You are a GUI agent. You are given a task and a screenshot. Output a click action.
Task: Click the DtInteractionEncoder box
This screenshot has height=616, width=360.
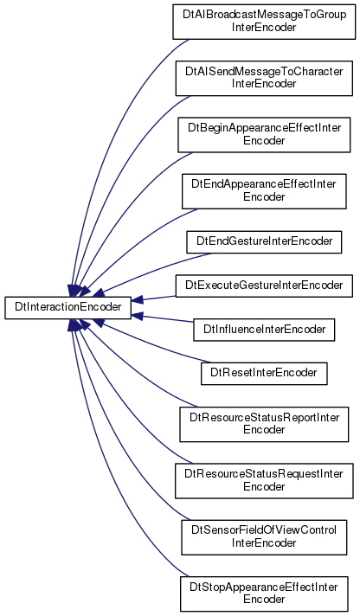pyautogui.click(x=67, y=308)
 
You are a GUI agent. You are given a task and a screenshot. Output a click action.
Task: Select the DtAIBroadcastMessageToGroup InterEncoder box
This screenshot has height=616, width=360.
pyautogui.click(x=264, y=22)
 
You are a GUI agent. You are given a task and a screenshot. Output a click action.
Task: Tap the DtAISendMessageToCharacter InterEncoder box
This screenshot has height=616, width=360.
pyautogui.click(x=264, y=78)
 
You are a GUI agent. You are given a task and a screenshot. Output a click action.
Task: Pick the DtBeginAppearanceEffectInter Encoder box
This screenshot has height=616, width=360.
pyautogui.click(x=264, y=134)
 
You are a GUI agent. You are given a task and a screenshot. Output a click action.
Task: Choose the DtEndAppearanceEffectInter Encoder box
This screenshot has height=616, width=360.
pyautogui.click(x=264, y=191)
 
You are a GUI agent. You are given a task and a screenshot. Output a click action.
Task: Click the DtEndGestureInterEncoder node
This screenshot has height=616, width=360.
pyautogui.click(x=264, y=242)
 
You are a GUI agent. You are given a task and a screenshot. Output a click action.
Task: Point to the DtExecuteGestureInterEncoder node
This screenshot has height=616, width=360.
pyautogui.click(x=264, y=286)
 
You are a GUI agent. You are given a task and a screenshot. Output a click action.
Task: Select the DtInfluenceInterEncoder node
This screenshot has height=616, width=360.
pyautogui.click(x=264, y=330)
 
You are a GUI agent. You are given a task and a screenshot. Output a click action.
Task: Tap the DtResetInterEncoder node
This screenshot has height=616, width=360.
pyautogui.click(x=264, y=374)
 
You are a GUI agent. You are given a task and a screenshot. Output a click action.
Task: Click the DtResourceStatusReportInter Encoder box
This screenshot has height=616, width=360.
pyautogui.click(x=264, y=424)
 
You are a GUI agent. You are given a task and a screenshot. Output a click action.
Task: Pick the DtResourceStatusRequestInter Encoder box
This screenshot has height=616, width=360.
pyautogui.click(x=264, y=481)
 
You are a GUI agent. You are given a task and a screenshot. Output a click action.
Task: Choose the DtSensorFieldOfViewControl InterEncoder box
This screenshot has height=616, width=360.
pyautogui.click(x=264, y=537)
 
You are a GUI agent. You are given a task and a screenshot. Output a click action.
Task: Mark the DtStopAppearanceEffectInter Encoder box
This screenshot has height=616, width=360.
pyautogui.click(x=264, y=594)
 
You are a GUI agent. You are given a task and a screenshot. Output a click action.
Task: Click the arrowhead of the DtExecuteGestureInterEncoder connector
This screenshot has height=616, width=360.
pyautogui.click(x=137, y=300)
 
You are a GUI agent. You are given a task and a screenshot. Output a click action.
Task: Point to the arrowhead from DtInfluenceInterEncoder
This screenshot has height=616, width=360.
pyautogui.click(x=137, y=315)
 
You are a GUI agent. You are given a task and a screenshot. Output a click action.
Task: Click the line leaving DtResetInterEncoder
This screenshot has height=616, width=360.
pyautogui.click(x=153, y=344)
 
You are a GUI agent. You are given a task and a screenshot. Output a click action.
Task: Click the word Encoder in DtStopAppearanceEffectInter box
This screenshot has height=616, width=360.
pyautogui.click(x=264, y=599)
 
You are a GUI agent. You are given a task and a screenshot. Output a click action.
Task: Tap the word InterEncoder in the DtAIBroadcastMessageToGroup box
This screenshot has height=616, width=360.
pyautogui.click(x=264, y=27)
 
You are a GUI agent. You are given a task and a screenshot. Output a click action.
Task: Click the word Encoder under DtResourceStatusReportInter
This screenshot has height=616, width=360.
pyautogui.click(x=264, y=429)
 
